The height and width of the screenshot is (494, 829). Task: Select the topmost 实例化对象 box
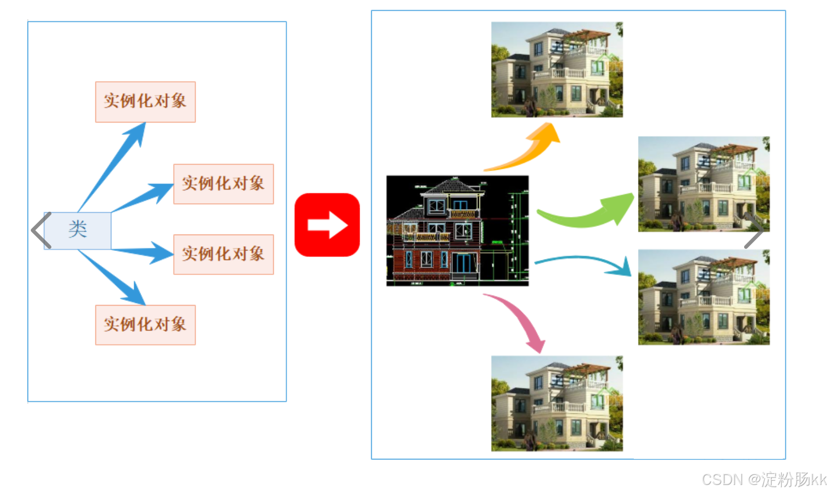pos(145,101)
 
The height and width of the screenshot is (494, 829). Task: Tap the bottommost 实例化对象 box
pos(145,325)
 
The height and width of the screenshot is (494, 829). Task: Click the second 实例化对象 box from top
pos(223,184)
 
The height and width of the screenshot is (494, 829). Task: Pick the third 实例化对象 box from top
pos(223,254)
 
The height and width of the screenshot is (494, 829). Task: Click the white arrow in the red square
pos(327,225)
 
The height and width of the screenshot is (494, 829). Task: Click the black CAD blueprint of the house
pos(457,231)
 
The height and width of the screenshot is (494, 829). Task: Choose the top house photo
pos(557,69)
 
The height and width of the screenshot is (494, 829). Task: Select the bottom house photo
pos(557,403)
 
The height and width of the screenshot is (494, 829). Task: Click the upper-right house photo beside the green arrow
pos(703,184)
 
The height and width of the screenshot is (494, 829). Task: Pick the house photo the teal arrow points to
pos(703,297)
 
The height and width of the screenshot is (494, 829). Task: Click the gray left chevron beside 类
pos(41,230)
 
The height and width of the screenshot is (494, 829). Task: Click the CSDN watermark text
pos(764,479)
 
